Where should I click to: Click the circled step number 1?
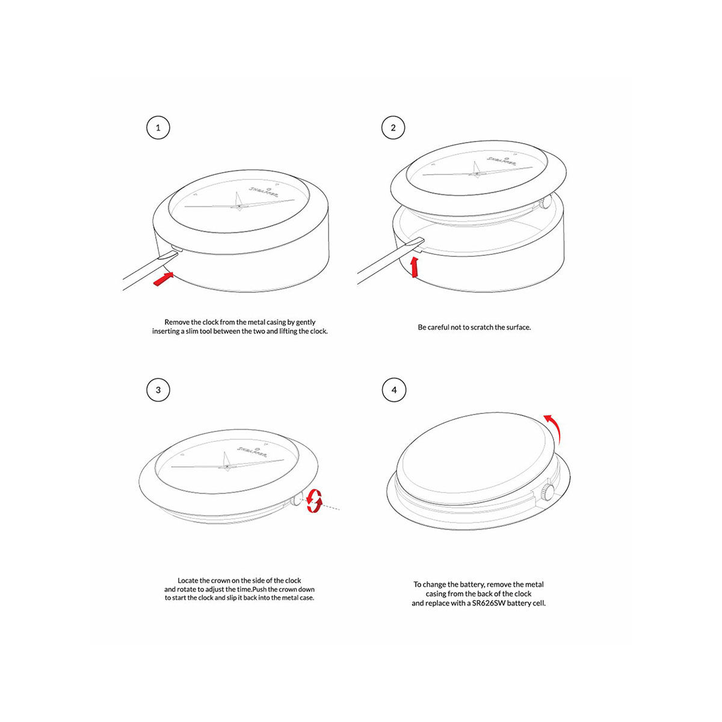click(x=158, y=128)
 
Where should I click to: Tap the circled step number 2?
click(x=393, y=128)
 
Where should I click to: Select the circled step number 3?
click(x=158, y=390)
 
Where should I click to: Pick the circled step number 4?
click(x=394, y=390)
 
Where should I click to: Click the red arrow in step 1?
click(x=163, y=279)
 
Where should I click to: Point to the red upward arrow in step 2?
click(x=414, y=267)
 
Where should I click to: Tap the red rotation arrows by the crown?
click(x=313, y=501)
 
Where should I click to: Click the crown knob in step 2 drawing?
click(x=545, y=203)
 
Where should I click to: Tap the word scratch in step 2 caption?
click(x=475, y=327)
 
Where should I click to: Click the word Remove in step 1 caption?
click(x=177, y=322)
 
